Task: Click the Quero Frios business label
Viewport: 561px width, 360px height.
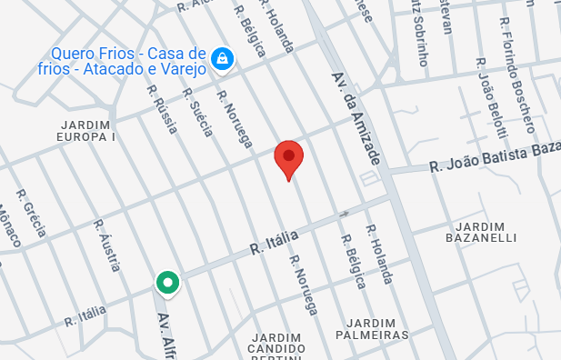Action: (x=129, y=61)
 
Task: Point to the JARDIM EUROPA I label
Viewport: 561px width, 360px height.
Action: (x=86, y=130)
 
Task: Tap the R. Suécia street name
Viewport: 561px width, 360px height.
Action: (x=197, y=112)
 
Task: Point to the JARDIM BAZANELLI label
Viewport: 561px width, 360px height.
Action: (x=481, y=232)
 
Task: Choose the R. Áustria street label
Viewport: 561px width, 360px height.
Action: (x=105, y=242)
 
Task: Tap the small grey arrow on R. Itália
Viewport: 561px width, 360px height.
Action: (x=344, y=215)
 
